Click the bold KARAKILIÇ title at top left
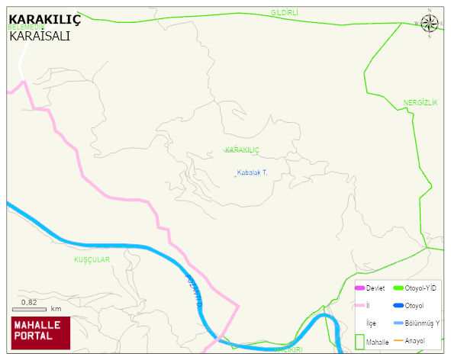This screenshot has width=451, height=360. (x=44, y=19)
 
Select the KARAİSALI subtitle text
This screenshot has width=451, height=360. (x=40, y=35)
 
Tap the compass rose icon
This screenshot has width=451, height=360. (x=430, y=24)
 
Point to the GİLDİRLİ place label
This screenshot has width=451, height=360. (x=284, y=13)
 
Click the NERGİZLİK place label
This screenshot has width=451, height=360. (x=420, y=102)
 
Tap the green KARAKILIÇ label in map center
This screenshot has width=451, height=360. (x=242, y=149)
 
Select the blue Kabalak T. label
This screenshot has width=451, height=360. (x=251, y=172)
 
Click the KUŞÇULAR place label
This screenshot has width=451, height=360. (x=92, y=259)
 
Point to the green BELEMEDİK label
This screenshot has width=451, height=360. (x=27, y=27)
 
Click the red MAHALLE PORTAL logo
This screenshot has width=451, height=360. (x=40, y=330)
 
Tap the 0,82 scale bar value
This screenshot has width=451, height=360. (x=29, y=302)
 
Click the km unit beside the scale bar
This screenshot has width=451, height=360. (x=56, y=309)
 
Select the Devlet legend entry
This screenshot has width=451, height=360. (x=375, y=288)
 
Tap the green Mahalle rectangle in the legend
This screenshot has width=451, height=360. (x=359, y=342)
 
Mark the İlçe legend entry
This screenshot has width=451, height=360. (x=372, y=323)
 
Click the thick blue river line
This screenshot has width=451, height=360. (x=114, y=246)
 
